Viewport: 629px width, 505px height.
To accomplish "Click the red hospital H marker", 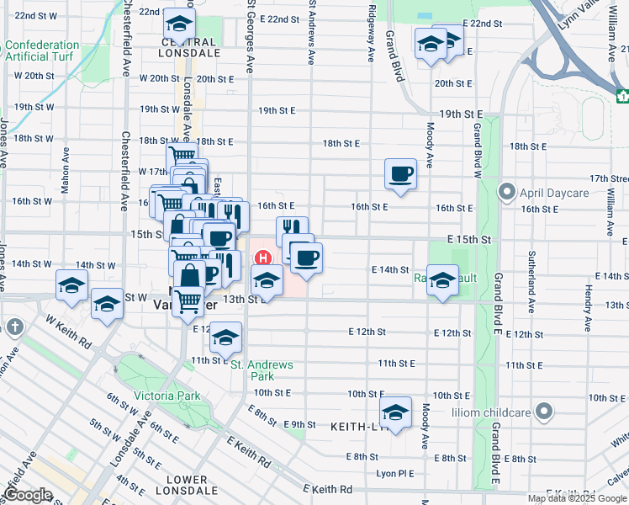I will click(x=264, y=258).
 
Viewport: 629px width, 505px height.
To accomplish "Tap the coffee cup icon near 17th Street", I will click(x=400, y=173).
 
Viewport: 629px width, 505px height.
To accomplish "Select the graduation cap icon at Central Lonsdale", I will click(x=177, y=23).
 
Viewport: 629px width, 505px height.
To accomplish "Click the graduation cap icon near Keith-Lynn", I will click(x=394, y=412).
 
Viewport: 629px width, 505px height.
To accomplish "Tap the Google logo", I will click(x=28, y=495).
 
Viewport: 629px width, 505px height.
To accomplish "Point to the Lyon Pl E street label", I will click(x=395, y=474).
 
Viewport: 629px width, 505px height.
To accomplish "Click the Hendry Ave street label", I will click(x=586, y=302).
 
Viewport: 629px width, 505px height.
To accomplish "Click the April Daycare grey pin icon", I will click(x=507, y=192).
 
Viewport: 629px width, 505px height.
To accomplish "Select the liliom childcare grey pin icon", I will click(x=545, y=412).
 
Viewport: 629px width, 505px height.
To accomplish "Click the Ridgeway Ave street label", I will click(x=370, y=34).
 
